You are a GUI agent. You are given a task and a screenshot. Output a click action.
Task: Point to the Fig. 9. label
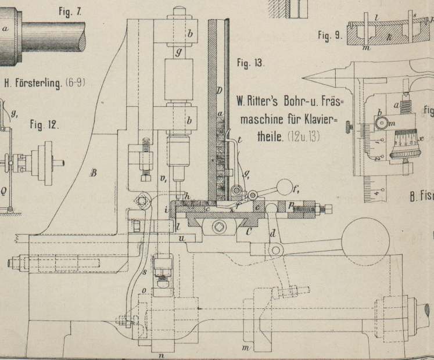[x=330, y=35]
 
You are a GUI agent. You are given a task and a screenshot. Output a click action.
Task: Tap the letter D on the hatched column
[x=219, y=91]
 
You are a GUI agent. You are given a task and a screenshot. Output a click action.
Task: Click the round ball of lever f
[x=284, y=187]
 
